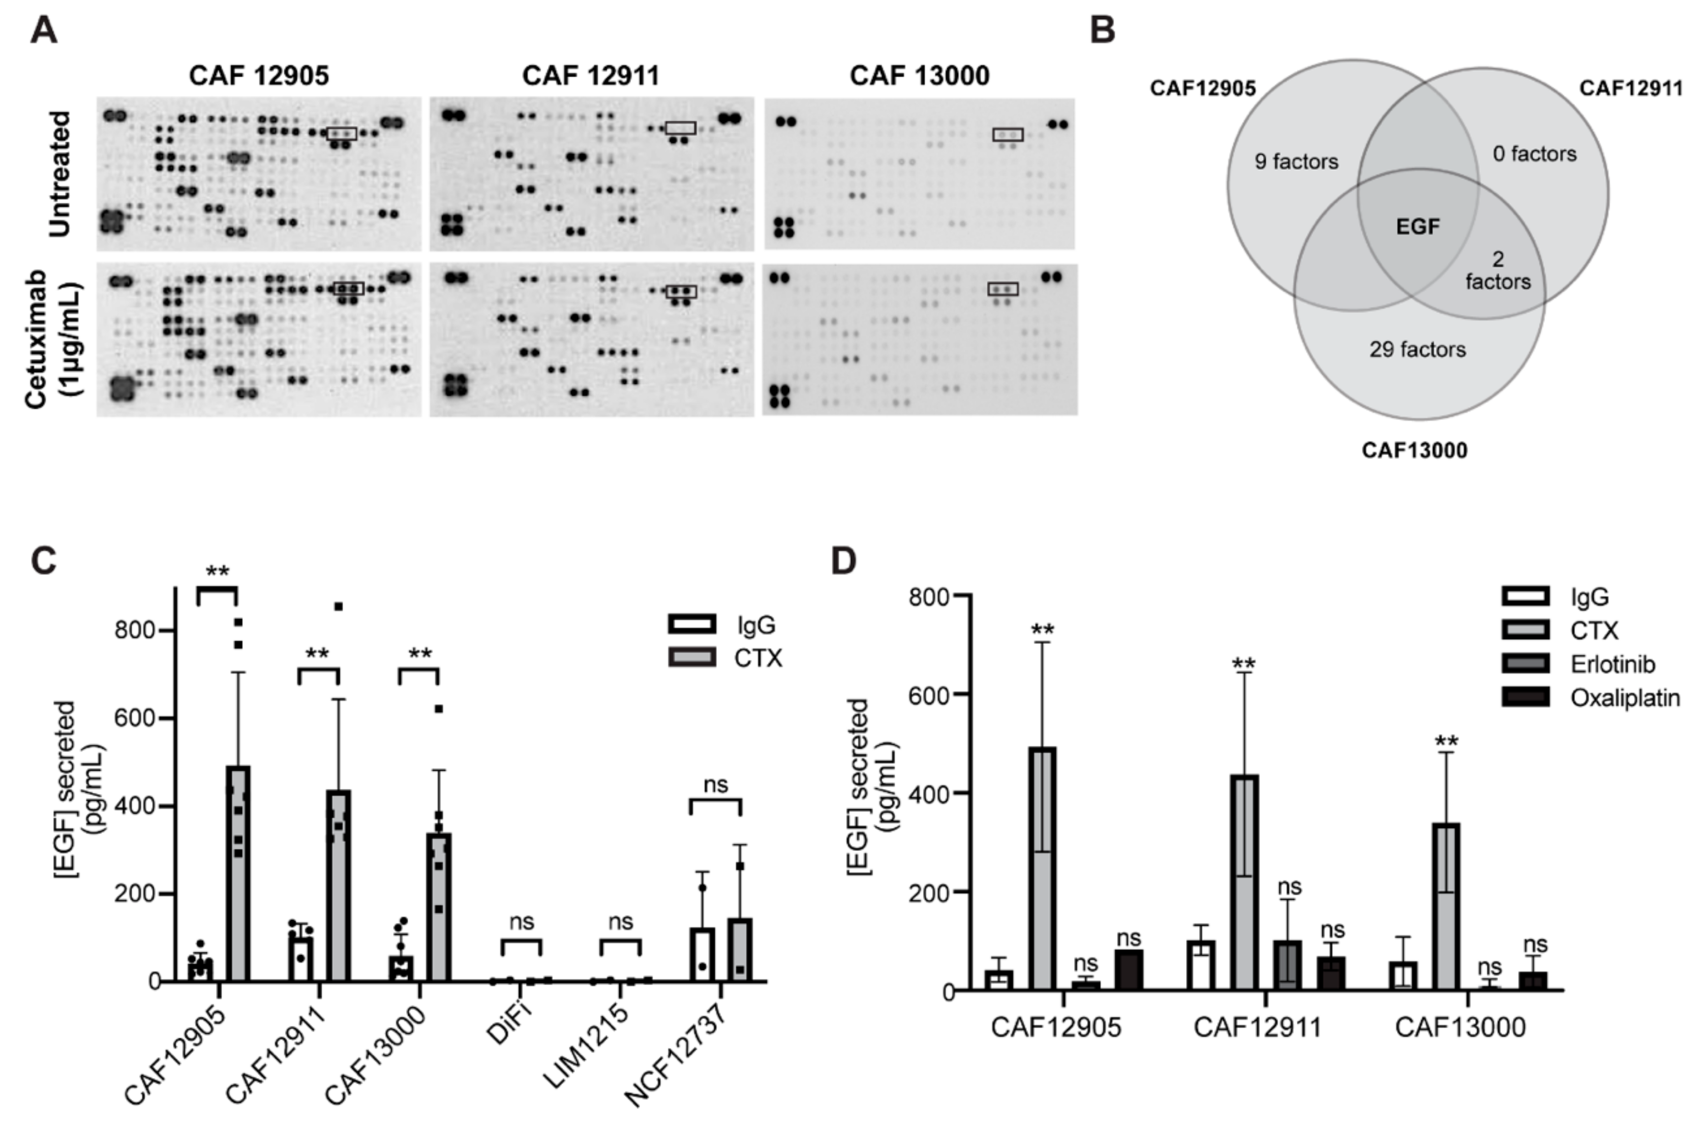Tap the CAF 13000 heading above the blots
[919, 76]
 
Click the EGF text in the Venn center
[1417, 227]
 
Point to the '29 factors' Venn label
[1417, 350]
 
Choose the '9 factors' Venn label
[1296, 162]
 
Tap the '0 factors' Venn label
[1534, 154]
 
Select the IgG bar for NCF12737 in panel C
[702, 954]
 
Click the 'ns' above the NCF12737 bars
[715, 785]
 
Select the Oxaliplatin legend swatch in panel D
[1525, 697]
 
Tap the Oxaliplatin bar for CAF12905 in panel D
[1128, 970]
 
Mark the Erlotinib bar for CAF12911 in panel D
[1287, 965]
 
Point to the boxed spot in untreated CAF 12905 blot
[341, 134]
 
